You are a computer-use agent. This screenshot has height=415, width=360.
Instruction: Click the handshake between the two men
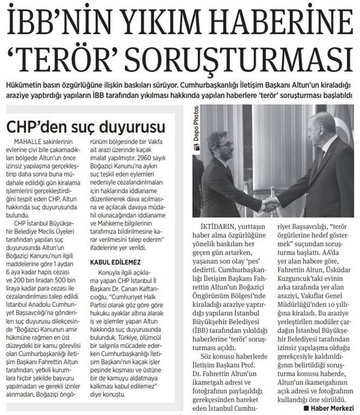pyautogui.click(x=270, y=203)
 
